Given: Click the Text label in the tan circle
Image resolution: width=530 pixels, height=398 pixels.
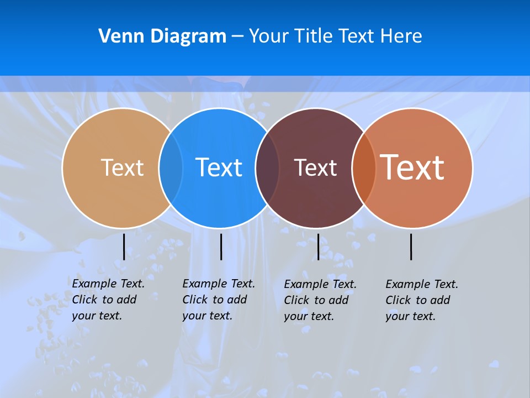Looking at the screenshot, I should point(122,167).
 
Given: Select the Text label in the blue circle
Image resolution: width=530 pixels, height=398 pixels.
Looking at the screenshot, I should point(219,167).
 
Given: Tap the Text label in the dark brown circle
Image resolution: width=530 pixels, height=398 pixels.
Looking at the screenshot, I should point(315,167).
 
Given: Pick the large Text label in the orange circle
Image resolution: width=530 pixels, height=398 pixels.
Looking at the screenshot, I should point(412,167).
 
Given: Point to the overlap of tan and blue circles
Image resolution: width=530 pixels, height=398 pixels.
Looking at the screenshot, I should point(171,167).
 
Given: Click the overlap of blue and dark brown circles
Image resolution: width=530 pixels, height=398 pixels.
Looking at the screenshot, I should point(267,167).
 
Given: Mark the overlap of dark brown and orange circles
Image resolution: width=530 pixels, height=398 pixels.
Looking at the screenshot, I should point(364,167).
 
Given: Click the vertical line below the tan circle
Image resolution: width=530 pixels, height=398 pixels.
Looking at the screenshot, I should point(124,247).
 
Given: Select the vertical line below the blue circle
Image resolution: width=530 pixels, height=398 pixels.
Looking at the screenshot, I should point(221,247).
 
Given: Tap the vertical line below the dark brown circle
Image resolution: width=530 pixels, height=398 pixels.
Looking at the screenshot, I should point(318,247).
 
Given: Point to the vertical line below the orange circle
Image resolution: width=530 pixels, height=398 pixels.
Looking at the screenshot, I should point(411,247).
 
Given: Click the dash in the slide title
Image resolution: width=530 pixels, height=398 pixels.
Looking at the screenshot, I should point(237,36).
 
